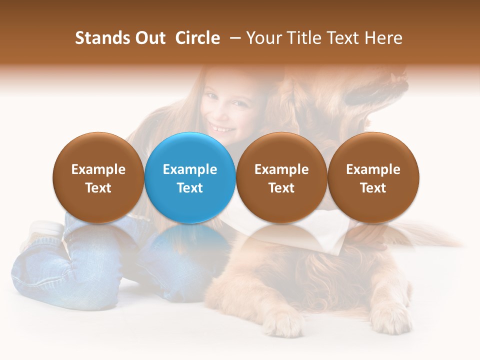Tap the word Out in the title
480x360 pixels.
click(149, 38)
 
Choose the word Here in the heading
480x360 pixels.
click(383, 38)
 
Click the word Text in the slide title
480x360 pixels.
click(342, 38)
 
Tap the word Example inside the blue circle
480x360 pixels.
click(190, 169)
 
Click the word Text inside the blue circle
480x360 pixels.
click(190, 188)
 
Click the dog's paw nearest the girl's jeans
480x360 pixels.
click(283, 320)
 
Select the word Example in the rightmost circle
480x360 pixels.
click(373, 169)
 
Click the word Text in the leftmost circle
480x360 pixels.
click(98, 188)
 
